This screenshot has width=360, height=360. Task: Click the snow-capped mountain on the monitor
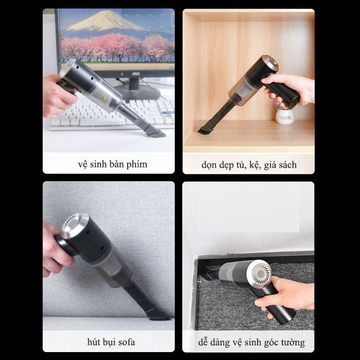106,21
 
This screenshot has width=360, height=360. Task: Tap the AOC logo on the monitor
136,74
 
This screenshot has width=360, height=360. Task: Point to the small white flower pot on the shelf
285,116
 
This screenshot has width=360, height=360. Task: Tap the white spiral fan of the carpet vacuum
261,272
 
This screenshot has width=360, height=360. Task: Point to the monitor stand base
137,92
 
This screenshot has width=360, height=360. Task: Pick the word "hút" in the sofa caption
93,342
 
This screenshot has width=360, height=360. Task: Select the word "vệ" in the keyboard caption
83,165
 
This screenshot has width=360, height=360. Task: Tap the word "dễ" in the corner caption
203,343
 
